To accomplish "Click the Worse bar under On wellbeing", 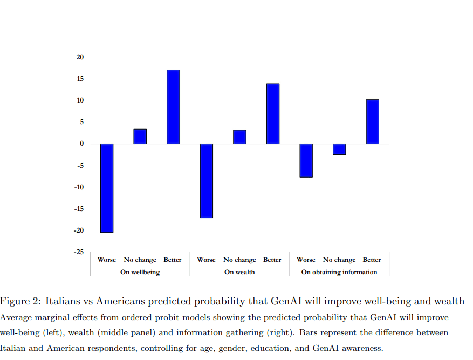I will [107, 188].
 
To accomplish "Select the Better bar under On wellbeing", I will [173, 107].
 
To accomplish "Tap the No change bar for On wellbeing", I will [140, 137].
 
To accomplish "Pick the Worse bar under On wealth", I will [207, 181].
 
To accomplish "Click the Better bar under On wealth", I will [273, 114].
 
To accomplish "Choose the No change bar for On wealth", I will [239, 137].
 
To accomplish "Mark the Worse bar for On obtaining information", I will [306, 160].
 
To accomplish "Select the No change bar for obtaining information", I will [339, 149].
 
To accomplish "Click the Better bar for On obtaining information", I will [373, 122].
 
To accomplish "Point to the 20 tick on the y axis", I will [80, 57].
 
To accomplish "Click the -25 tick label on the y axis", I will [79, 252].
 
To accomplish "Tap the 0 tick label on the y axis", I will [82, 144].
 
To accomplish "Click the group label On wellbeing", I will [140, 272].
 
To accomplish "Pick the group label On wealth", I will [239, 272].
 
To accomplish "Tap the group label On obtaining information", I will [339, 272].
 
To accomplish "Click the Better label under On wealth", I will [272, 260].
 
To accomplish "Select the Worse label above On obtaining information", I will [306, 260].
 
